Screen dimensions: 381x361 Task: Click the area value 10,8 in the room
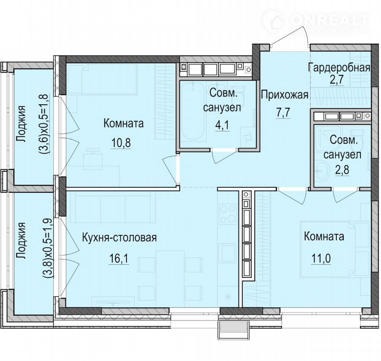pyautogui.click(x=121, y=142)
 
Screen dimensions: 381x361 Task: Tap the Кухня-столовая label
pyautogui.click(x=119, y=237)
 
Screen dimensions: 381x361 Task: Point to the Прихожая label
pyautogui.click(x=285, y=95)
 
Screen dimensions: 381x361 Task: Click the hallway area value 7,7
pyautogui.click(x=283, y=113)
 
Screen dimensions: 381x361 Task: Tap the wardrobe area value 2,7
pyautogui.click(x=337, y=80)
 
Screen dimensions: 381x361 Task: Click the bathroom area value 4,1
pyautogui.click(x=222, y=126)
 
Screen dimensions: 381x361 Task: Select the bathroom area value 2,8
pyautogui.click(x=342, y=170)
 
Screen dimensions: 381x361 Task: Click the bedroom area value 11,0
pyautogui.click(x=321, y=259)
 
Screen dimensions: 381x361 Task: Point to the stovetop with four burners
pyautogui.click(x=228, y=214)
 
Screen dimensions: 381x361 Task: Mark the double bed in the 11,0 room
pyautogui.click(x=336, y=249)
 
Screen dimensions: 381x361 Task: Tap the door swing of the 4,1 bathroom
pyautogui.click(x=223, y=156)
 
